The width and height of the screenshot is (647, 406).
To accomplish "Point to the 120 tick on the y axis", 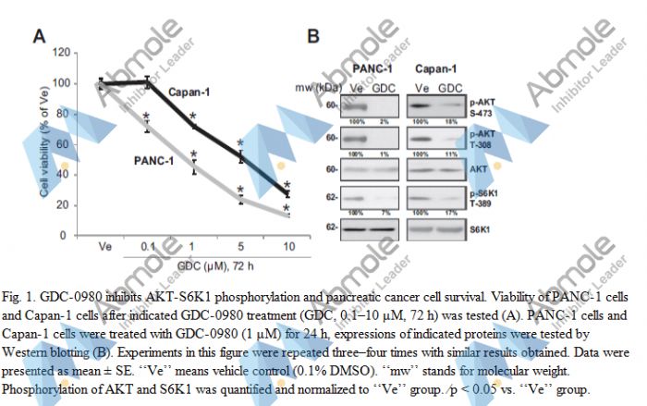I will [61, 53].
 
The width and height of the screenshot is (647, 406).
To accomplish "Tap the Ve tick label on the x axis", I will [104, 248].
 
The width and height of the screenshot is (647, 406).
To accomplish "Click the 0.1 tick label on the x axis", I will [148, 248].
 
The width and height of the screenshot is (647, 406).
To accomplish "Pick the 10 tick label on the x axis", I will [287, 248].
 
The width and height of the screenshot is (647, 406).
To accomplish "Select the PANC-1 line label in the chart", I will [153, 160].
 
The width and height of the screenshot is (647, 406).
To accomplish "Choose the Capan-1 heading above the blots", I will [434, 70].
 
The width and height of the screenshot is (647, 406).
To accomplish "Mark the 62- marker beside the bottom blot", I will [330, 225].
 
